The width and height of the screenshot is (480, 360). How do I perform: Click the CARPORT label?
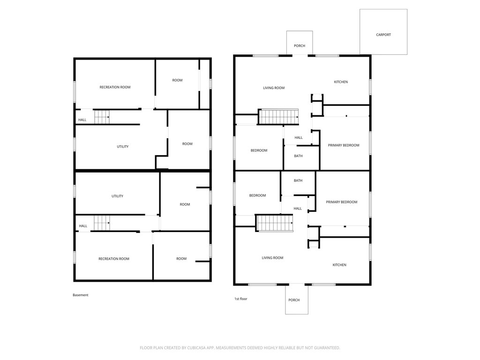[383, 35]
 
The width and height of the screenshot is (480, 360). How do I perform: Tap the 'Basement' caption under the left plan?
[81, 295]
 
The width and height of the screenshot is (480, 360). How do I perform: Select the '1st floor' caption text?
[240, 299]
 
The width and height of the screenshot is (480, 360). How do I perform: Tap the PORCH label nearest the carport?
[300, 45]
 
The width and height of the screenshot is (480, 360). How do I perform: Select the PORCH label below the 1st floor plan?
[294, 300]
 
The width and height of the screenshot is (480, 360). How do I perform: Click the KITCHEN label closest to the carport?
[341, 82]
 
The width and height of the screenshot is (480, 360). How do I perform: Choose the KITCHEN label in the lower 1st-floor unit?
[339, 265]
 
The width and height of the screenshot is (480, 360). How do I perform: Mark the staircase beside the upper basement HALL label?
[102, 117]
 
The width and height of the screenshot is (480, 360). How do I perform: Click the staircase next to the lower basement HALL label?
[102, 223]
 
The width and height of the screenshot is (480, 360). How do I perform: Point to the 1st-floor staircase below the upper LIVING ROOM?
[278, 117]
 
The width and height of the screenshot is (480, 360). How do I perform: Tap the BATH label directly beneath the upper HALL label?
[298, 156]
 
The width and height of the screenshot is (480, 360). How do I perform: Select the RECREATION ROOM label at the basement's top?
[115, 87]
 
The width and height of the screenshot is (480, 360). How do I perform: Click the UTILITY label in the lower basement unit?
[117, 196]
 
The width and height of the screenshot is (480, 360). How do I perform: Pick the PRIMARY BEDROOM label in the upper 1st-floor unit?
[344, 145]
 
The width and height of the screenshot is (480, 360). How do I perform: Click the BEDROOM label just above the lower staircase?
[257, 195]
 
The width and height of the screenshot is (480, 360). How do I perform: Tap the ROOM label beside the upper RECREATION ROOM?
[177, 80]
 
